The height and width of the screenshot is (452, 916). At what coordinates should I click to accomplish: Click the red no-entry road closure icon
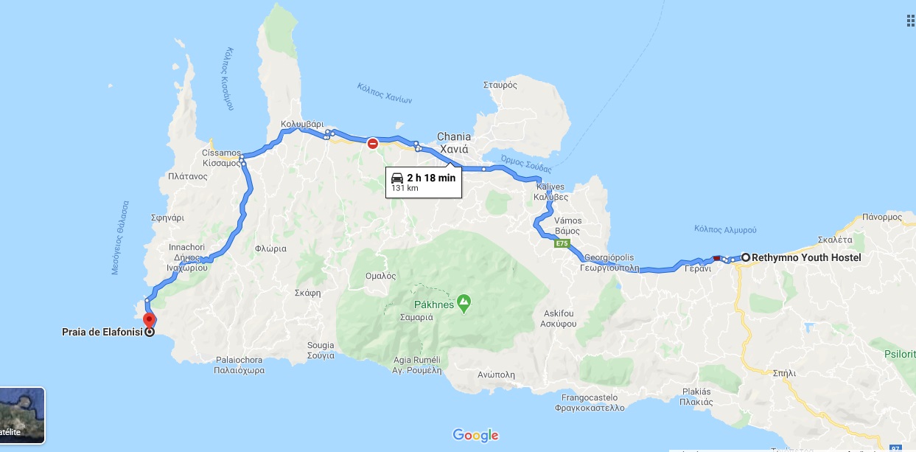coord(373,143)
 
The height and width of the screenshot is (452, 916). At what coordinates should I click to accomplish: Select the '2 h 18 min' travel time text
coord(431,178)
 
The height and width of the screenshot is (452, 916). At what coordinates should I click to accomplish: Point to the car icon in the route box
coord(396,178)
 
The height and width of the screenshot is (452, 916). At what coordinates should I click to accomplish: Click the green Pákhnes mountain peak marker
coord(464,301)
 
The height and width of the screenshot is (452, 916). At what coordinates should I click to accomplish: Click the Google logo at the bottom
coord(475,435)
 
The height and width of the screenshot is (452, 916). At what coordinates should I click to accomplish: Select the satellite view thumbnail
coord(22,416)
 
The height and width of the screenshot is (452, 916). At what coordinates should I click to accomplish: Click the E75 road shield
coord(562,243)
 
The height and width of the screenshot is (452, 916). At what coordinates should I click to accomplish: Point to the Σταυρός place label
coord(500,85)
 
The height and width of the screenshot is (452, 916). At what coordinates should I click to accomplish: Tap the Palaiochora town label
coord(240,366)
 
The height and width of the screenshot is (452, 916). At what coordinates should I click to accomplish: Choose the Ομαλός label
coord(380,276)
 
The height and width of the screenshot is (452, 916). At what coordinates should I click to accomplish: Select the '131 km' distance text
coord(405,188)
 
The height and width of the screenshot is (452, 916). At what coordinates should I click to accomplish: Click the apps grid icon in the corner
coord(911,20)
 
